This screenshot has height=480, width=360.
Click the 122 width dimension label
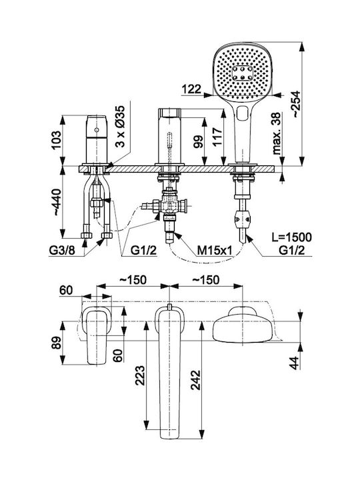tap(192, 89)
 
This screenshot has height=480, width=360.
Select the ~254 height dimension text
tap(295, 104)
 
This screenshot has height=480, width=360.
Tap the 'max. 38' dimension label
tap(277, 133)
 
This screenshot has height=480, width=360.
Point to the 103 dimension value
tap(57, 140)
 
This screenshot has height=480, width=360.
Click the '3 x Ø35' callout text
tap(121, 126)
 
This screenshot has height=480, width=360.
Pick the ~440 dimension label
tap(57, 202)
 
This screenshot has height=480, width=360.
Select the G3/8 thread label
tap(62, 251)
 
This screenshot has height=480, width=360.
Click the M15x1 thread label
tap(214, 251)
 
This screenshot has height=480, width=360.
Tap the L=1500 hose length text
tap(292, 237)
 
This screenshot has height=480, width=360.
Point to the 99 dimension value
tap(199, 142)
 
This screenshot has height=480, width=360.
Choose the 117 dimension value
tap(217, 137)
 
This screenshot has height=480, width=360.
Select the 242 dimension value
tap(195, 380)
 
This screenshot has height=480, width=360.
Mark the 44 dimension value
tap(295, 363)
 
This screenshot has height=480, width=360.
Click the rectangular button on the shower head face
tap(243, 73)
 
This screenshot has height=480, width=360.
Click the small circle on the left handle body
tap(97, 130)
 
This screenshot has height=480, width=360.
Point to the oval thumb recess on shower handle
tap(243, 113)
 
